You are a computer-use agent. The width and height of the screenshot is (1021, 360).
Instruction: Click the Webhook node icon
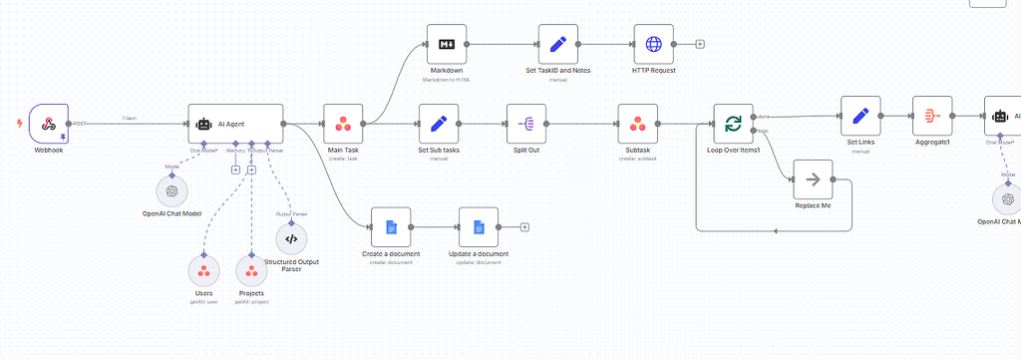tap(48, 124)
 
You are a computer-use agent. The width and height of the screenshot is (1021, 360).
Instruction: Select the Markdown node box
tap(447, 45)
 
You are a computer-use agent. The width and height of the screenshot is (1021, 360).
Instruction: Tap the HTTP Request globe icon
tap(653, 45)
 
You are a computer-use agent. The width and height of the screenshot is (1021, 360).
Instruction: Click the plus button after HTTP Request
tap(700, 45)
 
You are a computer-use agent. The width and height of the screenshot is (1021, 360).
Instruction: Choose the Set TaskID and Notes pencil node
tap(558, 45)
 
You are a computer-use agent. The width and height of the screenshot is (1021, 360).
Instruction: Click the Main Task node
tap(343, 124)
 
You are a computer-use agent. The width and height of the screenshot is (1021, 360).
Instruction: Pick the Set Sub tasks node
tap(438, 124)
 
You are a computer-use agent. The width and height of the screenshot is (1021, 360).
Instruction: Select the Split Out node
tap(526, 124)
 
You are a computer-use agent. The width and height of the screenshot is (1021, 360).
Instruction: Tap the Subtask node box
tap(637, 124)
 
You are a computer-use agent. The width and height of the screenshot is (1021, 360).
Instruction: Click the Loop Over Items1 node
tap(733, 124)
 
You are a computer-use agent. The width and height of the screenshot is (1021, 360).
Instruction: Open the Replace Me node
tap(813, 180)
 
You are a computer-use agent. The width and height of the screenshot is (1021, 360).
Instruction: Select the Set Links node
tap(860, 116)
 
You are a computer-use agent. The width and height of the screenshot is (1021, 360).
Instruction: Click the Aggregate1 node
tap(932, 116)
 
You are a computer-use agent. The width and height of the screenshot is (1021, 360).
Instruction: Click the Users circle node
tap(203, 271)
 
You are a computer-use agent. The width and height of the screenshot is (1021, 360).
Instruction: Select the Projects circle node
tap(251, 271)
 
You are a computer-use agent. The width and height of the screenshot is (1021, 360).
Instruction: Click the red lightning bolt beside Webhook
tap(20, 124)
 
